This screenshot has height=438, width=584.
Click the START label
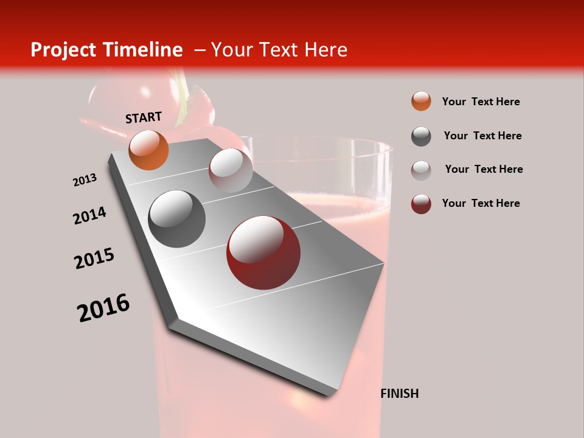pos(144,117)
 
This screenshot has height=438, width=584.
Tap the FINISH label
pos(399,394)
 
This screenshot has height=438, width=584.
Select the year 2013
pos(85,180)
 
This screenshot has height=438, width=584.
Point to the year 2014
pos(89,216)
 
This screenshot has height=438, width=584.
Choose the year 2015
pos(94,259)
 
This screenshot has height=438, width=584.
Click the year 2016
pos(103,308)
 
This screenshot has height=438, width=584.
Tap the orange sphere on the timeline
pos(148,150)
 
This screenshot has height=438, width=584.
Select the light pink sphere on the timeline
pos(231,170)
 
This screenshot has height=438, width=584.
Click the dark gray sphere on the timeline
pos(176,218)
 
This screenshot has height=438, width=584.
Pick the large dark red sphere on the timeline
pos(263,252)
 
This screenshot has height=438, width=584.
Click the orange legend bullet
pos(421,102)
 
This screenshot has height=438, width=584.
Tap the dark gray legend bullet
pos(421,136)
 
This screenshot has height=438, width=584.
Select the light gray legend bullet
pos(421,170)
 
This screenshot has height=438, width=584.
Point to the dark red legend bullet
pos(421,204)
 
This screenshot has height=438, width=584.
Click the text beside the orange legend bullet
pos(481,102)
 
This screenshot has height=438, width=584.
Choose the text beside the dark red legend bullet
pos(481,203)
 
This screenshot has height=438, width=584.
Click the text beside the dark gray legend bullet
pos(482,136)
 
